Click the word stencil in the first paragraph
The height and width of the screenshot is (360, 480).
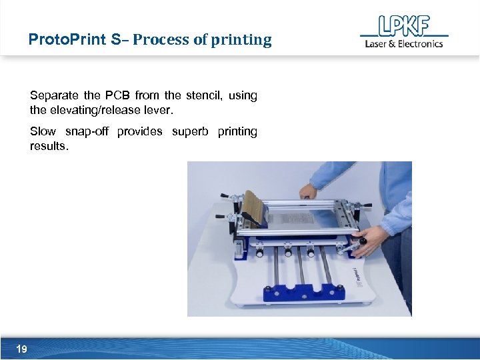[x=203, y=95]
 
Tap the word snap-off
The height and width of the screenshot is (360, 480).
[x=87, y=131]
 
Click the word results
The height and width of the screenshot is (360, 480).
[x=49, y=145]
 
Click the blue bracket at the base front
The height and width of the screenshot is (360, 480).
[x=306, y=292]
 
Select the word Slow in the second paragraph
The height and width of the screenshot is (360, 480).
[x=43, y=131]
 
